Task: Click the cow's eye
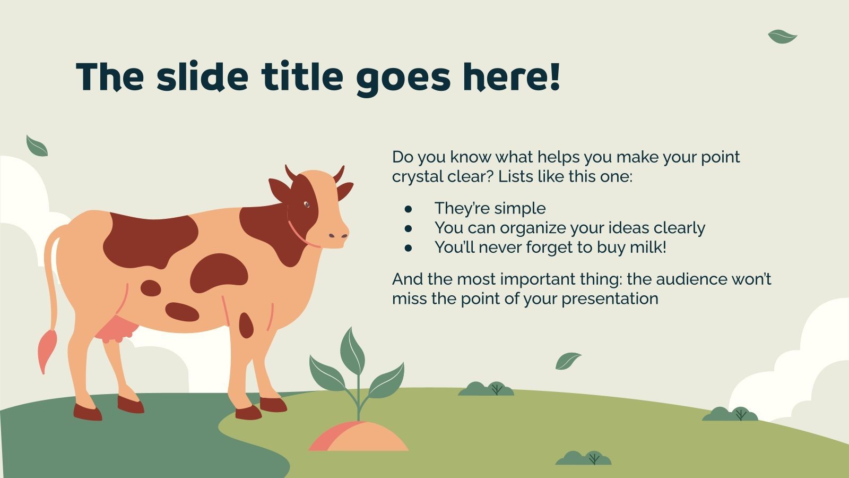307,205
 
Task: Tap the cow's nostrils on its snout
337,236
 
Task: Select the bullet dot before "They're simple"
408,209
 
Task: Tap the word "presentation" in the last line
610,299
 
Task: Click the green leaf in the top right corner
782,37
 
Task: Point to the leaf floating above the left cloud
37,146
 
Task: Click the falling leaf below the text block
567,361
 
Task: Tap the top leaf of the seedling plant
352,351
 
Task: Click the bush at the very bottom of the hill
583,458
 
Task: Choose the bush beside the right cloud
730,414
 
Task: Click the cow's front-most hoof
273,405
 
